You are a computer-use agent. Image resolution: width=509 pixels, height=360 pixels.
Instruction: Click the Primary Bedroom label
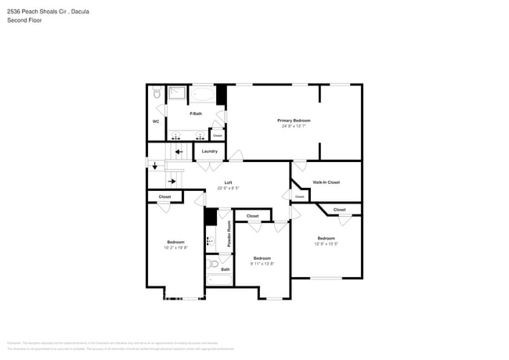click(294, 121)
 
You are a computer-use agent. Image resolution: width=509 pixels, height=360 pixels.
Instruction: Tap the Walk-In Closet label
click(326, 182)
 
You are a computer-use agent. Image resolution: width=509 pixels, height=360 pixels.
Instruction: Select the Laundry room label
click(209, 151)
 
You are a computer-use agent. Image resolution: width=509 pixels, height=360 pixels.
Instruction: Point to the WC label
click(156, 121)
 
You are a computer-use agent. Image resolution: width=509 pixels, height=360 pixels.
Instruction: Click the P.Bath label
click(195, 114)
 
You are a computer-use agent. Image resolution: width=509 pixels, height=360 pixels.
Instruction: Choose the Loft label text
click(228, 182)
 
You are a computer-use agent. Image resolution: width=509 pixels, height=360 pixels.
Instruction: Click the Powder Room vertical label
click(229, 234)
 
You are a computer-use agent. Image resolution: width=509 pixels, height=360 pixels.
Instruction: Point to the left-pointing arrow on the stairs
click(179, 152)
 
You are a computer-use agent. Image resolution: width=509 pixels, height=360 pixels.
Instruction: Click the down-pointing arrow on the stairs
click(154, 165)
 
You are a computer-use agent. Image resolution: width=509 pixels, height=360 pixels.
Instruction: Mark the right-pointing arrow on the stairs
click(171, 182)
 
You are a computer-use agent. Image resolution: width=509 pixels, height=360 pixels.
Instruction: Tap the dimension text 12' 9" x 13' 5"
click(326, 243)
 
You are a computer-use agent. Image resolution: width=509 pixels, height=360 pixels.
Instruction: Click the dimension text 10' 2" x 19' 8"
click(175, 247)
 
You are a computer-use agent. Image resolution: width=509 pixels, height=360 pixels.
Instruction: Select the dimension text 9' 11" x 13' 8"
click(262, 264)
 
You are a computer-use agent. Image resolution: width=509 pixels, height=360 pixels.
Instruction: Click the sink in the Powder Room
click(210, 241)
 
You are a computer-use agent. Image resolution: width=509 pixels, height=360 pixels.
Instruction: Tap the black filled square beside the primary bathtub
click(221, 94)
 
